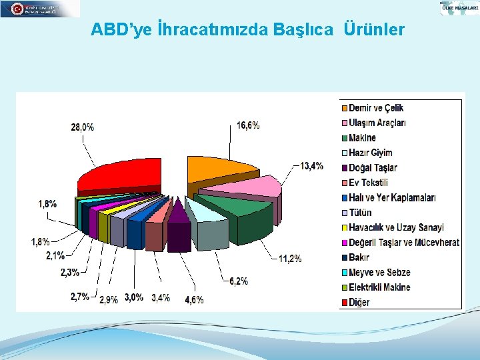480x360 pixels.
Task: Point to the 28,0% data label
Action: click(82, 127)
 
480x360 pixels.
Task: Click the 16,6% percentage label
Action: click(248, 125)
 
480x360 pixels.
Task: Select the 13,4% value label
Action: click(312, 166)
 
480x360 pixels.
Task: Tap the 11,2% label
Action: click(290, 259)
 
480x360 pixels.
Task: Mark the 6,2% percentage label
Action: click(239, 282)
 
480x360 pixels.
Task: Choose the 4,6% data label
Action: click(194, 299)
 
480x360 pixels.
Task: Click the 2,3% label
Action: click(69, 272)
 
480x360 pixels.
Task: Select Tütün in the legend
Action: click(360, 213)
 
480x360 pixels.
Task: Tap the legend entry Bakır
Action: click(359, 257)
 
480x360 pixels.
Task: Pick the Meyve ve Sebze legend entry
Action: click(379, 273)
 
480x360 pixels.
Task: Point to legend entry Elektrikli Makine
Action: click(379, 287)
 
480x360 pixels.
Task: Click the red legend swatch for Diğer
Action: click(344, 303)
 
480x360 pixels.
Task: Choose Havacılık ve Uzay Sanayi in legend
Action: click(396, 227)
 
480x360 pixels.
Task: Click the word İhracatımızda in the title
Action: click(215, 30)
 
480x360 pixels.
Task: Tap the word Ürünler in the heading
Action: click(374, 30)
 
